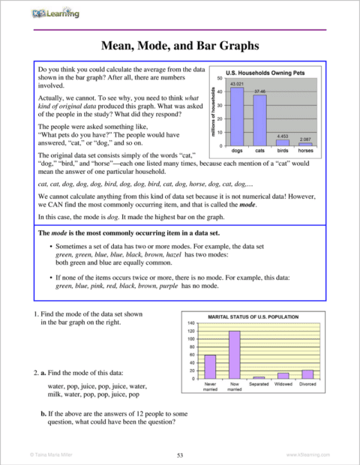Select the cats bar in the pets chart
260,120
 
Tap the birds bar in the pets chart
283,142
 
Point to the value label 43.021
236,83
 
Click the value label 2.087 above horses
305,139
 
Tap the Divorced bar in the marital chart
307,373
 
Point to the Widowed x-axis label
283,385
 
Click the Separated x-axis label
259,385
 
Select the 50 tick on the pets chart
218,78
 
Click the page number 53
180,454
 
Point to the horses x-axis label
305,151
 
